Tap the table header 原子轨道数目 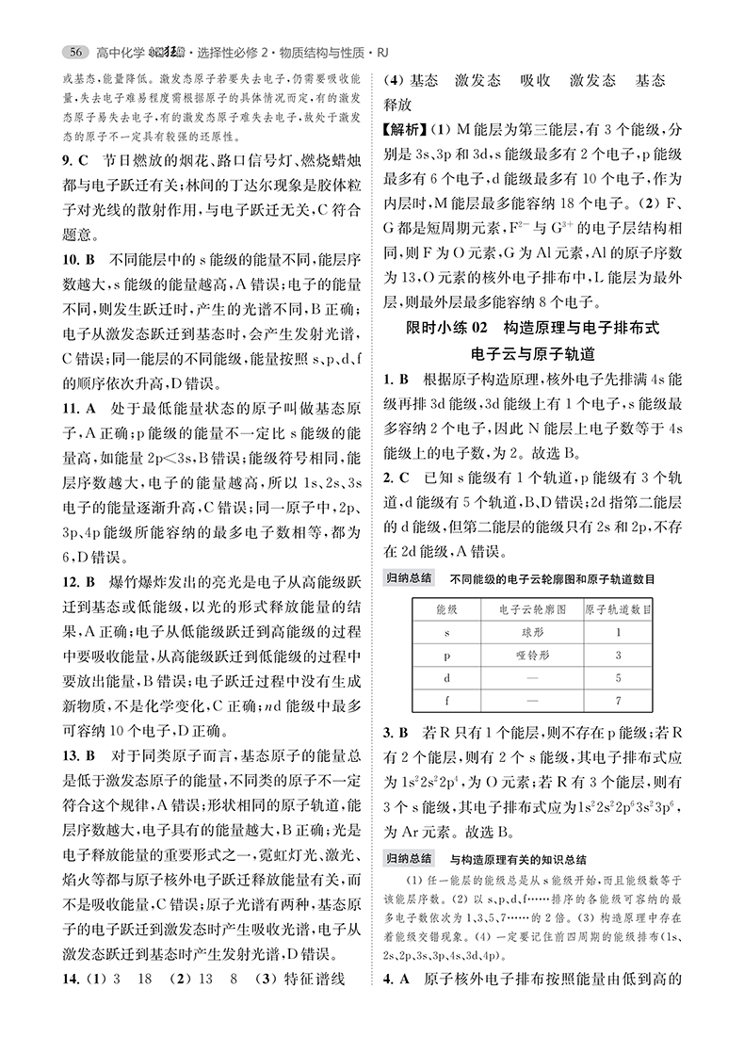coord(618,611)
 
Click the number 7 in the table coord(618,701)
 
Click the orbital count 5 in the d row coord(618,678)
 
